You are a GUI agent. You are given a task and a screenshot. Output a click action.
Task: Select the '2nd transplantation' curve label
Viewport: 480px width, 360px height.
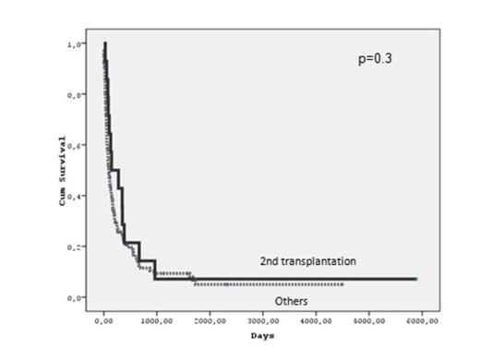pos(308,262)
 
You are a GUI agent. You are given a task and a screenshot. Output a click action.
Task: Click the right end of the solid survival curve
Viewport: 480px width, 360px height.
pos(415,278)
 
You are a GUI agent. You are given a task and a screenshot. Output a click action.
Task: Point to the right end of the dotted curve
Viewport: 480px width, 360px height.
pos(343,284)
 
